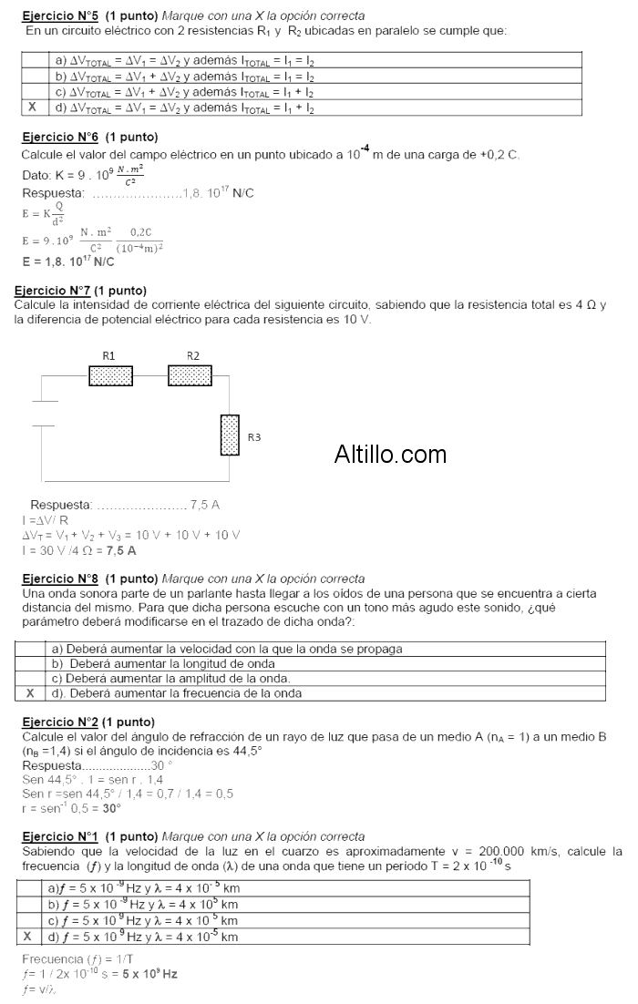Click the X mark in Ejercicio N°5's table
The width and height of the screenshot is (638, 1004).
(33, 108)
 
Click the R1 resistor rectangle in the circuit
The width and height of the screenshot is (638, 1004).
(110, 374)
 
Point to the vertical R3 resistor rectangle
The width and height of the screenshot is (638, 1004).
(230, 435)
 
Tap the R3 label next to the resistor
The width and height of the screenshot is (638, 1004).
(254, 438)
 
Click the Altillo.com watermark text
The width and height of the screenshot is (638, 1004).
(390, 454)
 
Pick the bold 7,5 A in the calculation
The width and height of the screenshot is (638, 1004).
(121, 551)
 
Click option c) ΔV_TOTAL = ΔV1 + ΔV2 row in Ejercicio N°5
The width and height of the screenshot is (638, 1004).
(182, 92)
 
